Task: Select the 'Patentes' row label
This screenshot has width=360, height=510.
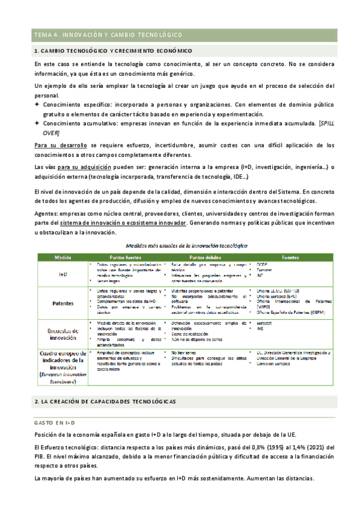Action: click(x=63, y=304)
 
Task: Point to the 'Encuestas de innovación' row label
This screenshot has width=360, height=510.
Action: click(x=63, y=334)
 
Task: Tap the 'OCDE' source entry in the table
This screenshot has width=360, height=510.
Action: click(x=263, y=264)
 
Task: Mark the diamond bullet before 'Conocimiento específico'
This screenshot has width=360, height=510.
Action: click(x=37, y=105)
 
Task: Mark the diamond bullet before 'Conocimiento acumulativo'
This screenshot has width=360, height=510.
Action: click(x=37, y=123)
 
